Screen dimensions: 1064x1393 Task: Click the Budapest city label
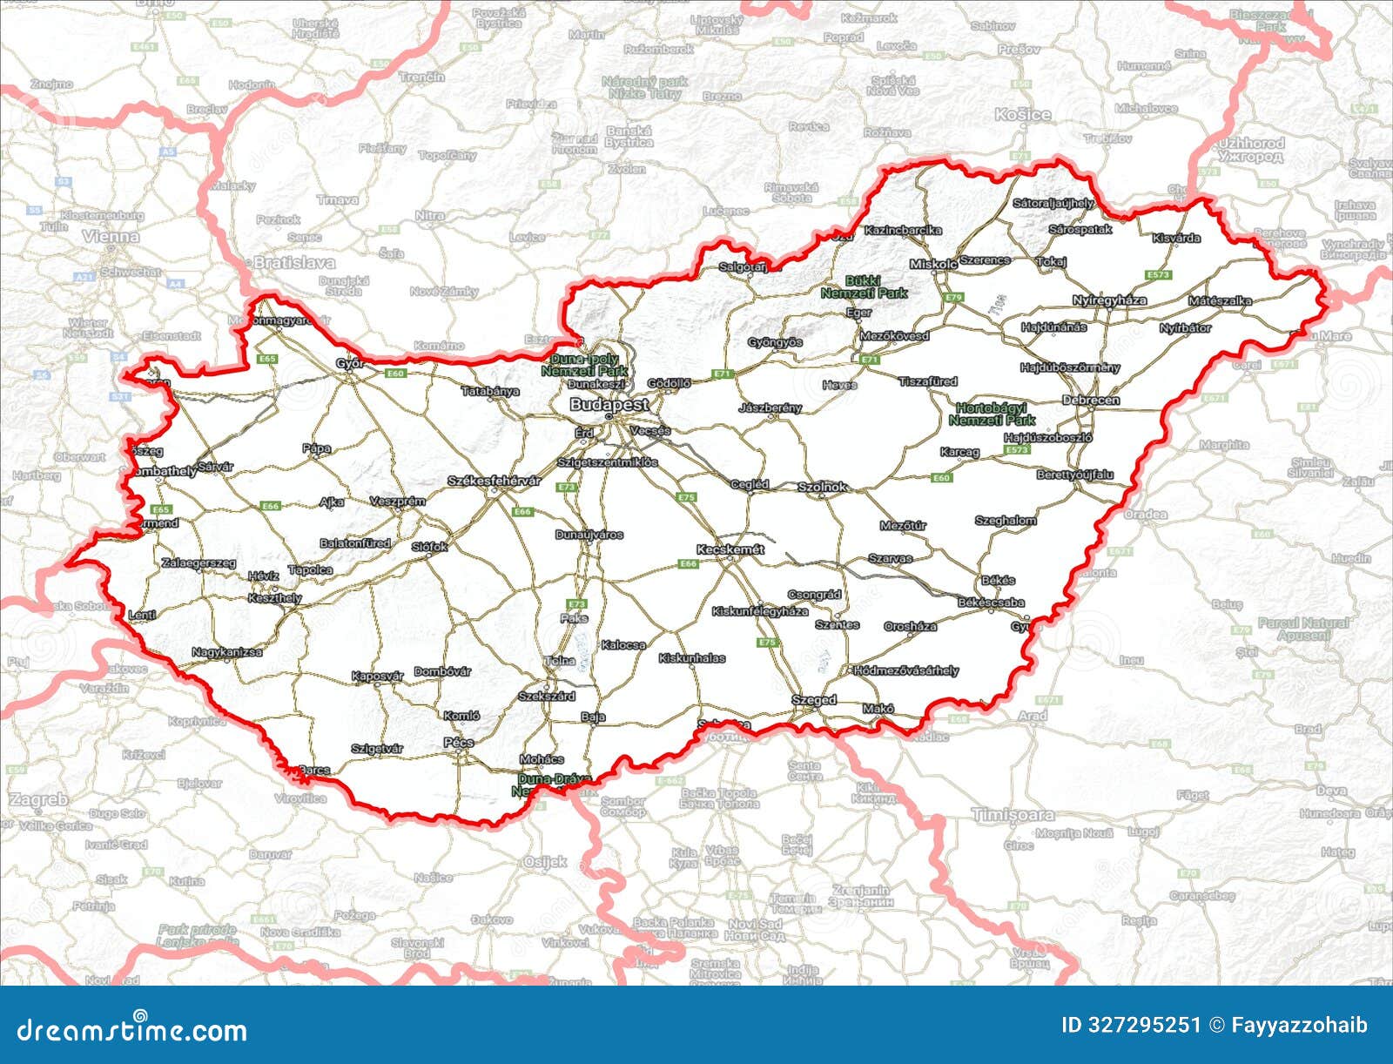coord(609,405)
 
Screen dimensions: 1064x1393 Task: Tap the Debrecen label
coord(1091,401)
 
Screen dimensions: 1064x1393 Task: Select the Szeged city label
coord(814,700)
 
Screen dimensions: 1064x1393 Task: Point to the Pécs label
coord(459,743)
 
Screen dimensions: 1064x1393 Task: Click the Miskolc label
coord(933,264)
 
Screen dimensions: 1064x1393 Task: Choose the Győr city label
coord(350,364)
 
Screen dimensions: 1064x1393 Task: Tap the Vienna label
coord(111,236)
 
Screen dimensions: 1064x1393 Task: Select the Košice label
coord(1023,115)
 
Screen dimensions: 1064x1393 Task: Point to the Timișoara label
coord(1013,815)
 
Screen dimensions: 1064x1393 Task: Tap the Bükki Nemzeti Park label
coord(864,287)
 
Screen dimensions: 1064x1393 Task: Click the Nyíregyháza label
coord(1109,300)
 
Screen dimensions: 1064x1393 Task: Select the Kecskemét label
coord(730,549)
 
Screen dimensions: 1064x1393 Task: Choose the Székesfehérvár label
coord(494,481)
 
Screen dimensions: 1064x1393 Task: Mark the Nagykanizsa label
coord(226,652)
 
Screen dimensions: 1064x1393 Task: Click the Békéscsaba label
coord(991,603)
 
